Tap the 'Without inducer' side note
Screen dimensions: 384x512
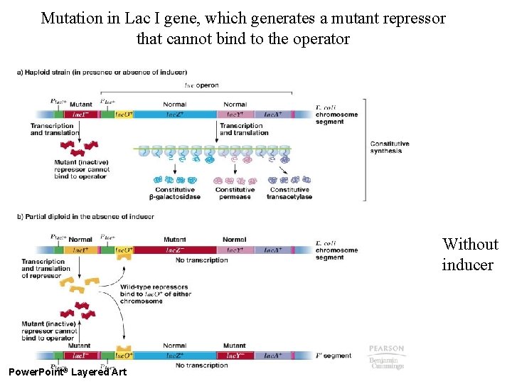pos(469,254)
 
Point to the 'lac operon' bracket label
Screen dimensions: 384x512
pos(201,85)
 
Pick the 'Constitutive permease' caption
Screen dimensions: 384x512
pos(235,193)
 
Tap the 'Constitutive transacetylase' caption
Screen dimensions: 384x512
pos(289,193)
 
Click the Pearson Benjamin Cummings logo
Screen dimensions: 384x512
pos(386,357)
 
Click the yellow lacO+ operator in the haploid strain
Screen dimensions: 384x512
pos(124,114)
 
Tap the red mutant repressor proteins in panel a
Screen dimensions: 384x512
pos(78,148)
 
